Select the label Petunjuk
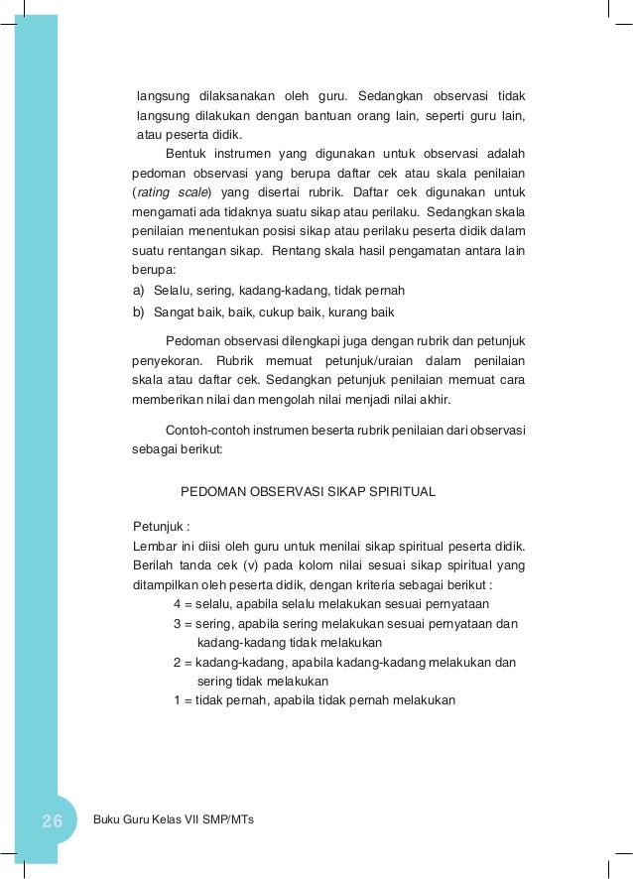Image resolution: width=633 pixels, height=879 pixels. click(158, 526)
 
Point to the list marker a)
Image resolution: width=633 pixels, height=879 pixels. click(139, 290)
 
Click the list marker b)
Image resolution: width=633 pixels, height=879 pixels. click(139, 312)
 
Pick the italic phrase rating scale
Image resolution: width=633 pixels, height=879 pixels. click(170, 191)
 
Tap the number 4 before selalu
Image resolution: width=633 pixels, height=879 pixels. click(177, 605)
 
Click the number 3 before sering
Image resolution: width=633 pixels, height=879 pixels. click(177, 624)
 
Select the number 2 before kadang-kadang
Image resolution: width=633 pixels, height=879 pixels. click(177, 663)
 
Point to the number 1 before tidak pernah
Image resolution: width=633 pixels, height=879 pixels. click(177, 700)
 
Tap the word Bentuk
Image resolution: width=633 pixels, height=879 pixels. click(186, 154)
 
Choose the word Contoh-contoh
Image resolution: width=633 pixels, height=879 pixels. click(205, 430)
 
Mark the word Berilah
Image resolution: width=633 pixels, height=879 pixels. click(153, 565)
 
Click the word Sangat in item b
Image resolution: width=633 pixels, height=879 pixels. click(173, 312)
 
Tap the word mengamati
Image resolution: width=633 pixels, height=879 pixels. click(164, 210)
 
